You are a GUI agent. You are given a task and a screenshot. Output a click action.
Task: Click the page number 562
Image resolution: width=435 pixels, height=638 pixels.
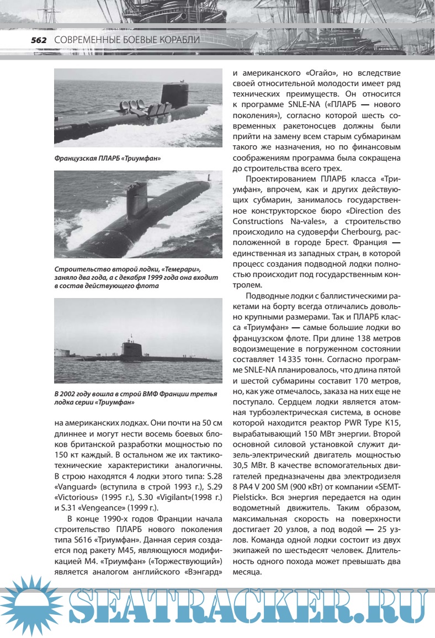tap(38, 40)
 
